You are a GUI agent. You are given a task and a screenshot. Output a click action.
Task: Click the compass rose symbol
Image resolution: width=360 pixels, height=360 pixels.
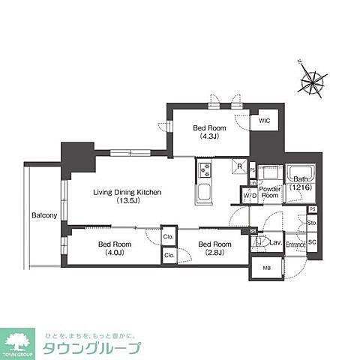coord(313,78)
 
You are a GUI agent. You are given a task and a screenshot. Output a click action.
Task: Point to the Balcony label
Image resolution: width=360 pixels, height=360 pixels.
coord(44,216)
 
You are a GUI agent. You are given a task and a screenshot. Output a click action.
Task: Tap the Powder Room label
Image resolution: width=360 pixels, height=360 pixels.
coord(270,193)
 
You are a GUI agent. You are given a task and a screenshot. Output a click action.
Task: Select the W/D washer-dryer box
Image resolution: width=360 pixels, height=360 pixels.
coord(250,196)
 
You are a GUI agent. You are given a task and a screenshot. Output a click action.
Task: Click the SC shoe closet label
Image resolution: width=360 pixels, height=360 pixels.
coord(313,241)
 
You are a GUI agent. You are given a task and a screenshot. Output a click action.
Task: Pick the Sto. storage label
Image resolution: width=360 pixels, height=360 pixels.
coord(313,223)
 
